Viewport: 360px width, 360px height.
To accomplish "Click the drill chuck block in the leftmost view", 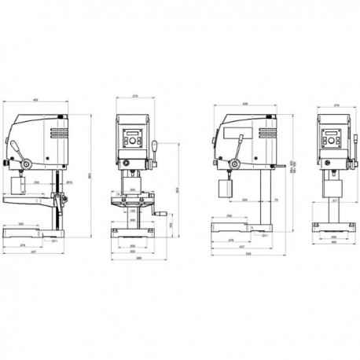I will coord(20,186).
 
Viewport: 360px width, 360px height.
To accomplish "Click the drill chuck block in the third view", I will coord(224,189).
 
